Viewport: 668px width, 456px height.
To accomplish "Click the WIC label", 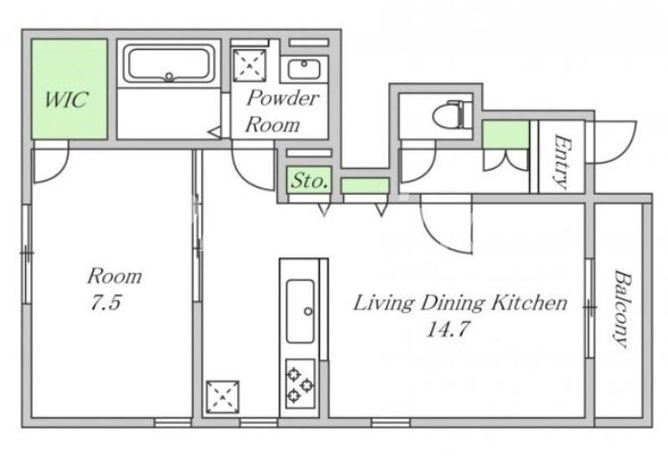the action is coord(66,99).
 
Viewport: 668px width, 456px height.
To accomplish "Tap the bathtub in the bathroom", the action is coord(169,64).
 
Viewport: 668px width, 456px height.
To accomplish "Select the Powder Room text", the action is coord(281,111).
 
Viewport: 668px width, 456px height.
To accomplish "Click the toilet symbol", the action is coord(453,114).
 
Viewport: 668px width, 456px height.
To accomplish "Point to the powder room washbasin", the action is coord(304,69).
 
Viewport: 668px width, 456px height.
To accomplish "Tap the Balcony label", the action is coord(621,308).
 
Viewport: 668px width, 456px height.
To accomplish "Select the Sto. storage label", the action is coord(309,180).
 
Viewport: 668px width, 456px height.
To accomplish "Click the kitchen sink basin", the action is coord(301,312).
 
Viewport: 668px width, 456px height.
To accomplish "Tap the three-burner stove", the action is coord(301,383).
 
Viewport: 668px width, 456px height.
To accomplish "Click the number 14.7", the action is coord(448,329).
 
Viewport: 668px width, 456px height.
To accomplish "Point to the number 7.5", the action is coord(106,302).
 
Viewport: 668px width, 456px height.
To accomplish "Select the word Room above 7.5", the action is coord(114,276).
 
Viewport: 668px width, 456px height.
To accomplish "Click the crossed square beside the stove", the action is coord(222,397).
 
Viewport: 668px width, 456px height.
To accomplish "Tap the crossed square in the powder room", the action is coord(250,65).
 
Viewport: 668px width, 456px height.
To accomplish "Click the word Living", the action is coord(383,304).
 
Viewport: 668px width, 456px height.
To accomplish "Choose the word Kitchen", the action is coord(529,302).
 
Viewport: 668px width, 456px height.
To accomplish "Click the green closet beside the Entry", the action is coord(506,134).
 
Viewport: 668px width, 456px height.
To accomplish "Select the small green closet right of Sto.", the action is coord(365,185).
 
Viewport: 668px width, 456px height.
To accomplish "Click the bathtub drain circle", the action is coord(170,77).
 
